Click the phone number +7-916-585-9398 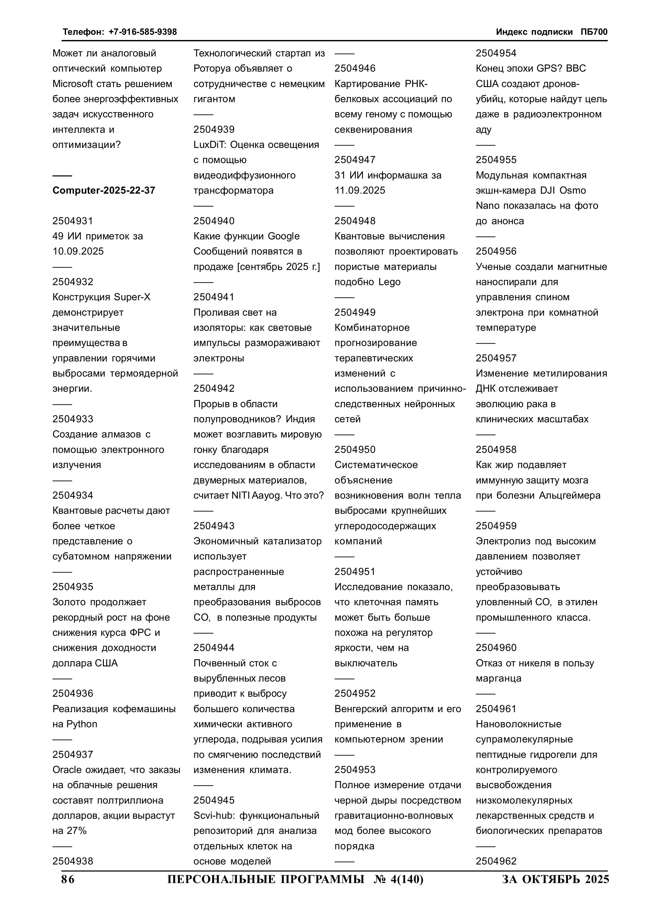tap(143, 32)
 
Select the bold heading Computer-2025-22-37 tap(104, 191)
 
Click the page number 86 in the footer tap(68, 879)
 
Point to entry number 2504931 tap(73, 221)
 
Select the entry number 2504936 tap(73, 694)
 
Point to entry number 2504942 tap(214, 389)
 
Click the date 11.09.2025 tap(360, 191)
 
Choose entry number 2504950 tap(355, 450)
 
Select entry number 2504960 tap(496, 648)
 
